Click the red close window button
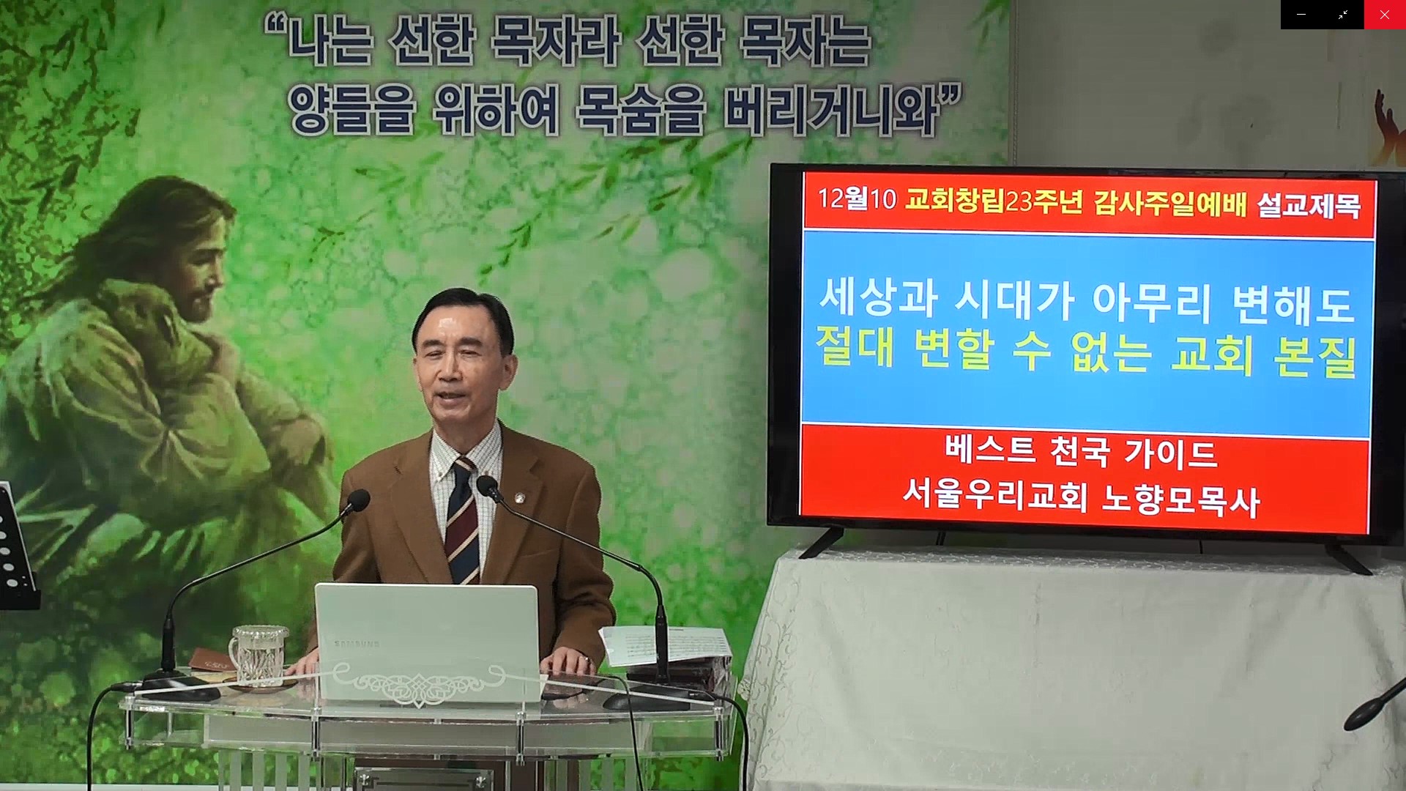coord(1384,15)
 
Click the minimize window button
coord(1301,15)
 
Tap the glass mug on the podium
coord(257,656)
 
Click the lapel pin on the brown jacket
coord(519,499)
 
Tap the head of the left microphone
coord(358,500)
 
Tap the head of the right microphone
coord(488,488)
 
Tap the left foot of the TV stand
coord(821,543)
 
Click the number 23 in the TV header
coord(1019,200)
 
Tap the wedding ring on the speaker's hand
coord(585,660)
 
